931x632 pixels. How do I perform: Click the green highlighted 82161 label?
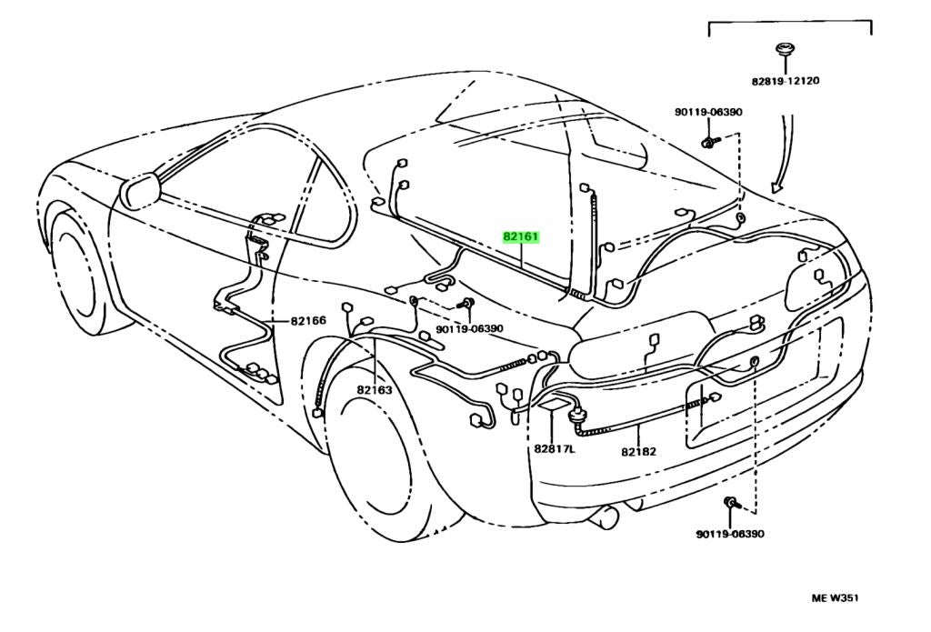click(522, 237)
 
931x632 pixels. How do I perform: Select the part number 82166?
click(308, 320)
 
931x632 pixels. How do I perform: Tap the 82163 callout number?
click(374, 390)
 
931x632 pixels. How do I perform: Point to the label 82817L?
click(555, 449)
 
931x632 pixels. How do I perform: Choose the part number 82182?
click(639, 451)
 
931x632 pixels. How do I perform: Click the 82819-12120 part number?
click(786, 81)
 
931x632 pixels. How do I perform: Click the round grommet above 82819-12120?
click(786, 50)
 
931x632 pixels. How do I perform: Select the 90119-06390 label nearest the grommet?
click(708, 112)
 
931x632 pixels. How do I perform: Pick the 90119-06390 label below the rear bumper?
click(731, 534)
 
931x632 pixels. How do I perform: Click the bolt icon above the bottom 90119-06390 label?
click(732, 503)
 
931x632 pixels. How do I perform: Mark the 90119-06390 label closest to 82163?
click(469, 329)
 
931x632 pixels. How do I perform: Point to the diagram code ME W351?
click(835, 598)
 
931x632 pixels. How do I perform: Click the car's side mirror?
click(139, 190)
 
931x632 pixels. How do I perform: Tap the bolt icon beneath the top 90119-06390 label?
click(710, 142)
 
